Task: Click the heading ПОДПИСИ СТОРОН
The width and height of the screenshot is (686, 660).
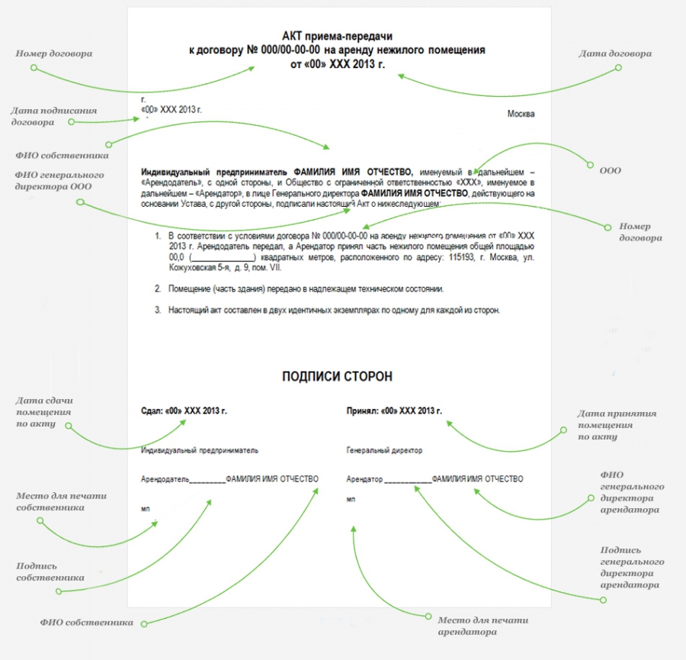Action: pyautogui.click(x=337, y=376)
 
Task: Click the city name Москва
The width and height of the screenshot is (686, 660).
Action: pyautogui.click(x=521, y=114)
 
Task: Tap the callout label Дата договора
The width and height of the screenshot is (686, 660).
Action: pyautogui.click(x=614, y=53)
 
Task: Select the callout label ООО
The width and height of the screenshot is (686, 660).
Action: pyautogui.click(x=610, y=170)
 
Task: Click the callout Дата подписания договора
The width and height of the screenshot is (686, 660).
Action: pyautogui.click(x=54, y=116)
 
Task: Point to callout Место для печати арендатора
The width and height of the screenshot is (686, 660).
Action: pyautogui.click(x=482, y=626)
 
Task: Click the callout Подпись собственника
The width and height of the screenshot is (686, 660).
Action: pyautogui.click(x=50, y=572)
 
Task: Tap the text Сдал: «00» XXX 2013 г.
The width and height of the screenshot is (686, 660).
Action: pyautogui.click(x=184, y=410)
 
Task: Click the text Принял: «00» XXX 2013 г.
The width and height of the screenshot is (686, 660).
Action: pyautogui.click(x=394, y=410)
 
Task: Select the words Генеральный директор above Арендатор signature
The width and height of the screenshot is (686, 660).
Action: pyautogui.click(x=384, y=450)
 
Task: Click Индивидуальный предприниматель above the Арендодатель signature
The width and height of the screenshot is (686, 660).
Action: pyautogui.click(x=200, y=450)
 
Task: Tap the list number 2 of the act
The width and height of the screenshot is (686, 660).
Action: pyautogui.click(x=158, y=289)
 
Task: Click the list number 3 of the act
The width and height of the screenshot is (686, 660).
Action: pyautogui.click(x=158, y=310)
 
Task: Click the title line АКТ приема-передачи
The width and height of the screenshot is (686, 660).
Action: pyautogui.click(x=337, y=35)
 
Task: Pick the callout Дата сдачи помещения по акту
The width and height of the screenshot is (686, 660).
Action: pyautogui.click(x=44, y=412)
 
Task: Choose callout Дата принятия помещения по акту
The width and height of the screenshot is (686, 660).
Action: pyautogui.click(x=617, y=425)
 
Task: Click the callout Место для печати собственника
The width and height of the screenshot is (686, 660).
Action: pyautogui.click(x=61, y=502)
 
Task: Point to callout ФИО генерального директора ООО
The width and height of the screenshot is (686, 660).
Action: pyautogui.click(x=59, y=180)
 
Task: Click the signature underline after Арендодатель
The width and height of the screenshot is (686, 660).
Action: pyautogui.click(x=207, y=482)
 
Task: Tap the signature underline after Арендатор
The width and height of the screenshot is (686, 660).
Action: pyautogui.click(x=408, y=482)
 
